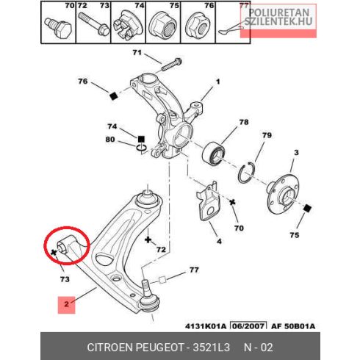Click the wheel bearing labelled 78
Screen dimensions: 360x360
pos(213,153)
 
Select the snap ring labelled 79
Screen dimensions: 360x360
pos(247,173)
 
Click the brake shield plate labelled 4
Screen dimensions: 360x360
pos(209,201)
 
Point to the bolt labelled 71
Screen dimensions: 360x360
pos(172,64)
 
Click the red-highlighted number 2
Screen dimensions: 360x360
pos(66,304)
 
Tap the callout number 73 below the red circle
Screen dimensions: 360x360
pos(65,279)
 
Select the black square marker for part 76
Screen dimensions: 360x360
pos(113,96)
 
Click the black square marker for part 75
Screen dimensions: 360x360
pos(307,209)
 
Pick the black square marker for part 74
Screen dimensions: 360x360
pos(141,140)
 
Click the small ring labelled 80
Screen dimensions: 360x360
pos(141,148)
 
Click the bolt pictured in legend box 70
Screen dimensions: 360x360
pos(59,27)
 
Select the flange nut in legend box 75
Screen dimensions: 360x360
pos(163,24)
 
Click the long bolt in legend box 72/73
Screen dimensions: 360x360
pos(94,24)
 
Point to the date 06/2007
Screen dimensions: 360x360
pos(249,326)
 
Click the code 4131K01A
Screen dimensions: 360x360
pos(206,326)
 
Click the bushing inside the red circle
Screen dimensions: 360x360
pos(66,245)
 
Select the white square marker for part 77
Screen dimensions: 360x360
pos(162,280)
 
